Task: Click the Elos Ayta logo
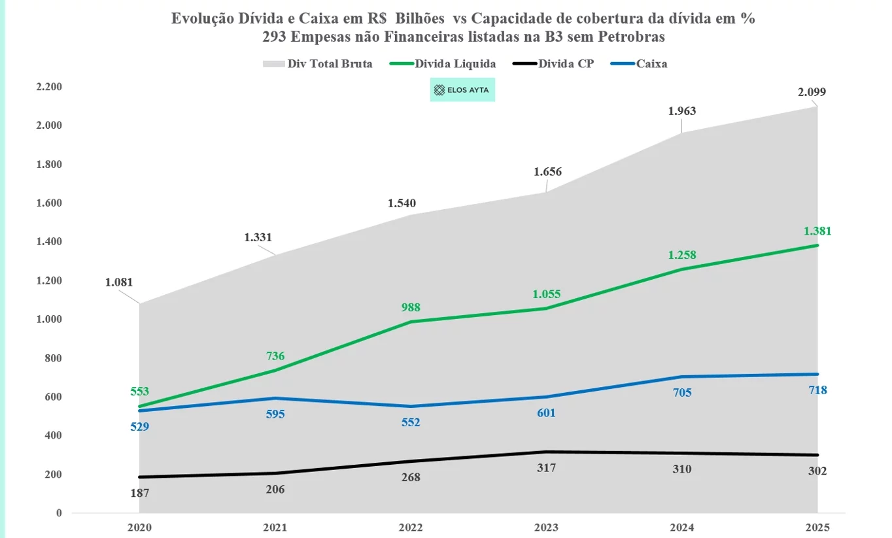point(462,90)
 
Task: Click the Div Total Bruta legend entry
point(318,64)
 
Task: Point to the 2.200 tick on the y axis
point(49,87)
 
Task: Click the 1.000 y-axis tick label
point(49,320)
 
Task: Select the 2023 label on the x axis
point(547,528)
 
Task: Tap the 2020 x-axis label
point(140,528)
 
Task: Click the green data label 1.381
point(817,231)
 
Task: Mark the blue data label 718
point(817,390)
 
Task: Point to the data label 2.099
point(812,92)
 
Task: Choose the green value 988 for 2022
point(411,307)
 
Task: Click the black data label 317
point(546,468)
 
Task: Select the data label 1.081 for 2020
point(118,283)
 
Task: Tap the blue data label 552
point(411,422)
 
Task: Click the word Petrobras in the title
point(633,37)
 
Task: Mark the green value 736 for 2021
point(275,356)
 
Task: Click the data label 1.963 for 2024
point(682,111)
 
